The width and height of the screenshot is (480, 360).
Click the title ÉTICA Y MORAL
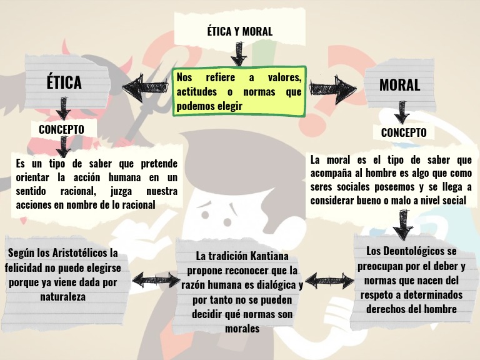(x=239, y=32)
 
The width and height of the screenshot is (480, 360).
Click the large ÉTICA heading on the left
(x=64, y=82)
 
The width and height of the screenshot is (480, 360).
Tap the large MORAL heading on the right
(x=399, y=85)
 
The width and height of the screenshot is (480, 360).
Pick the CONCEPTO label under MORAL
(x=404, y=132)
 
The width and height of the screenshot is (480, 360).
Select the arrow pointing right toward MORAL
(x=332, y=91)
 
